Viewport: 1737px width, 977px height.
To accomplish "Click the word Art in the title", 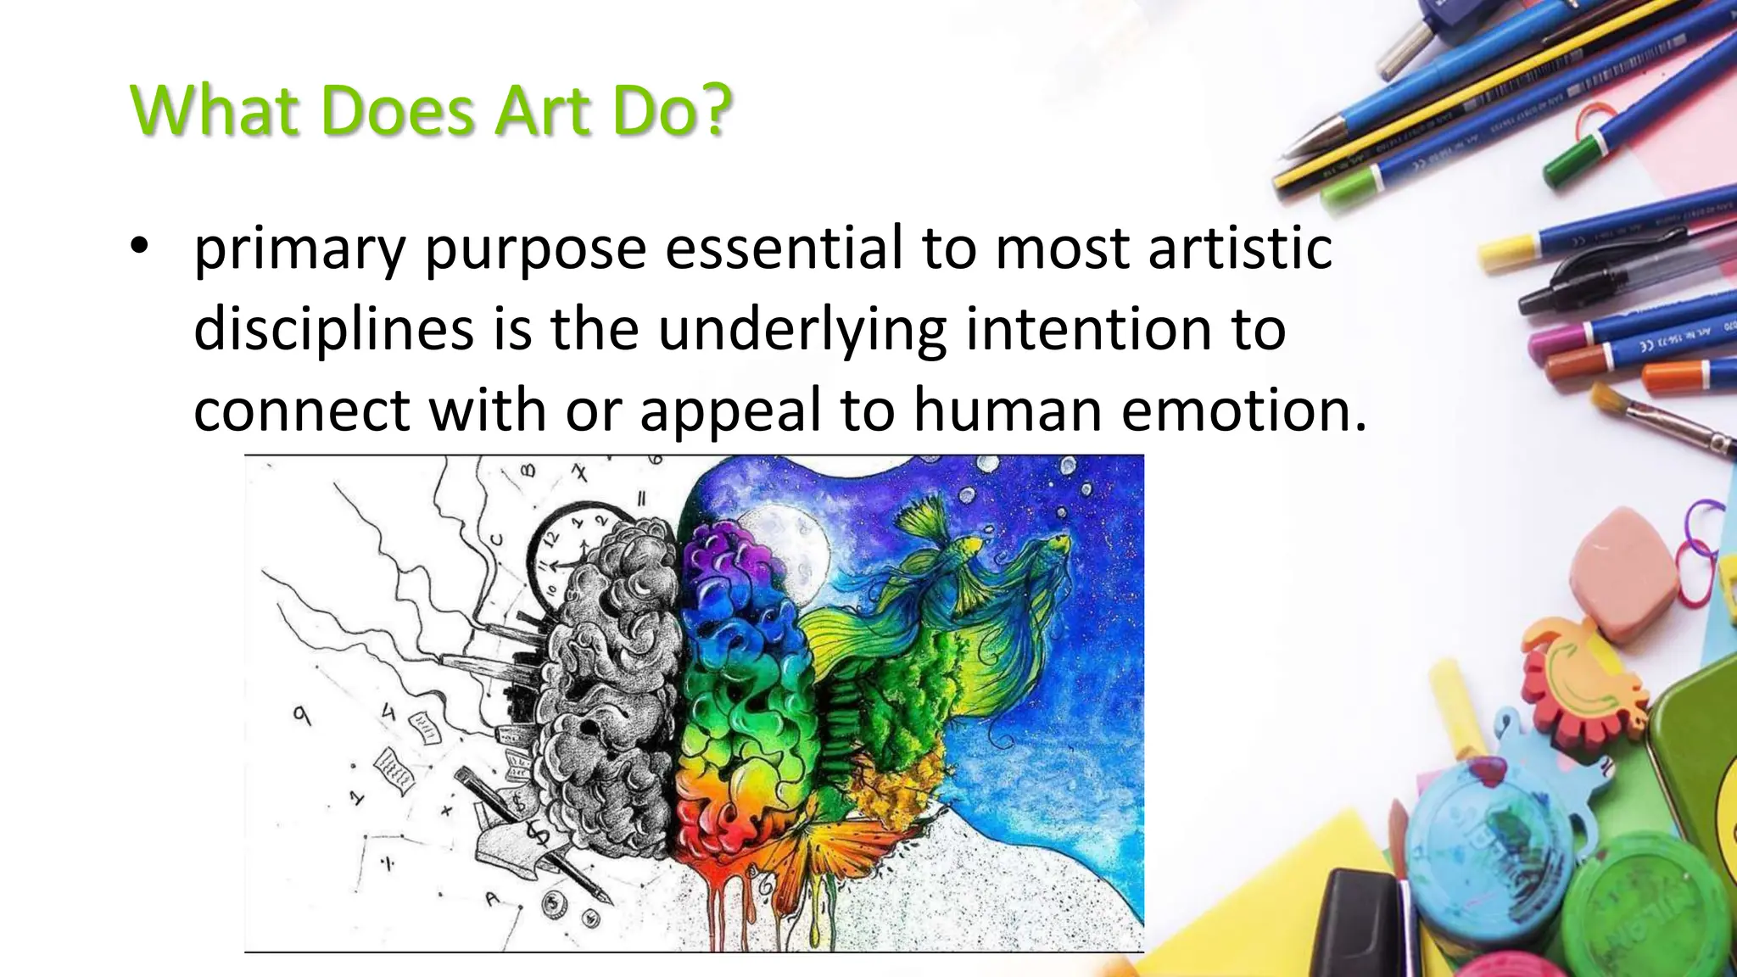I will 543,110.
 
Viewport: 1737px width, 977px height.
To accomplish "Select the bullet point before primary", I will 140,248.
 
